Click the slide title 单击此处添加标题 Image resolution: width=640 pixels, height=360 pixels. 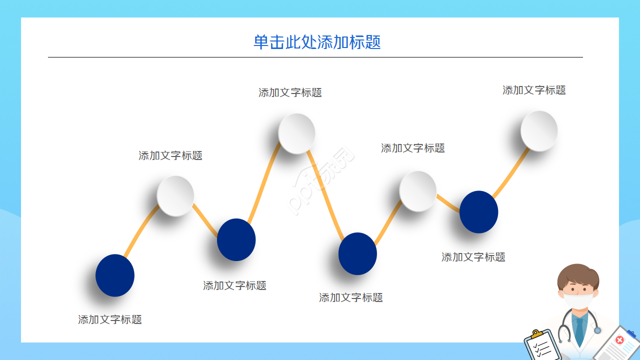pyautogui.click(x=317, y=42)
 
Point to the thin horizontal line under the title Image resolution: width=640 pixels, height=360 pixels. pyautogui.click(x=315, y=57)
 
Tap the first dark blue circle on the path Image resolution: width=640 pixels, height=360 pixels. pyautogui.click(x=115, y=275)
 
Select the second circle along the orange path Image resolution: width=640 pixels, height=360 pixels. pyautogui.click(x=175, y=196)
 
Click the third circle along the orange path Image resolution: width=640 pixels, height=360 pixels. pyautogui.click(x=236, y=239)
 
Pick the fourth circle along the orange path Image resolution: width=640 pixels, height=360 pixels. pyautogui.click(x=296, y=133)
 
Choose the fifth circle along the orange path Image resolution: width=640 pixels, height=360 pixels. pyautogui.click(x=357, y=253)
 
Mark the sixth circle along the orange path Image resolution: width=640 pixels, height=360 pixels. pyautogui.click(x=418, y=191)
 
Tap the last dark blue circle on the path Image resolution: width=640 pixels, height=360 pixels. pyautogui.click(x=478, y=212)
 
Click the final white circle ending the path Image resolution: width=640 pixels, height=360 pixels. pyautogui.click(x=539, y=130)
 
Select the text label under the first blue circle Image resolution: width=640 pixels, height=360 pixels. pyautogui.click(x=110, y=319)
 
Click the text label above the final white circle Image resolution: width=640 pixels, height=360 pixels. pyautogui.click(x=534, y=90)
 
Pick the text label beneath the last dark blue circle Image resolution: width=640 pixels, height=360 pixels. pyautogui.click(x=473, y=257)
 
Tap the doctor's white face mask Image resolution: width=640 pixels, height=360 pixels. pyautogui.click(x=578, y=301)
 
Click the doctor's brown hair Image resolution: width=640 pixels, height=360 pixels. pyautogui.click(x=578, y=274)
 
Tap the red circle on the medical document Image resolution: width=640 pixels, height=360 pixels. pyautogui.click(x=620, y=340)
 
